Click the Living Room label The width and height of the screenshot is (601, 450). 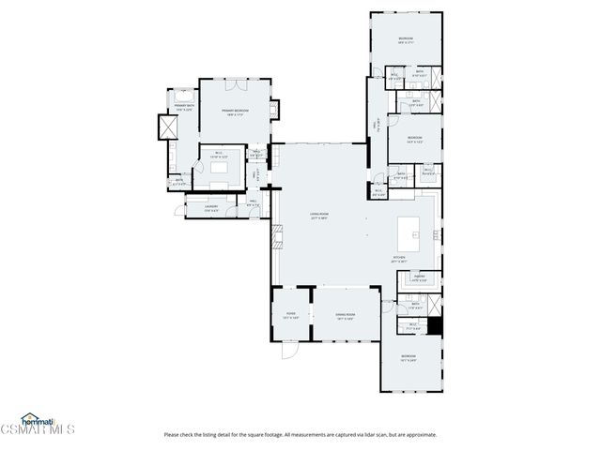click(319, 216)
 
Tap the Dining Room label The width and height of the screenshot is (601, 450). click(346, 317)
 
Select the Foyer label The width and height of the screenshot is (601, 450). click(291, 317)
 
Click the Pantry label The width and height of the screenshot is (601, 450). click(419, 277)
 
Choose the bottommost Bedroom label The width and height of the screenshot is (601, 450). click(408, 357)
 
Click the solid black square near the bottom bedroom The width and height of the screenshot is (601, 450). click(434, 325)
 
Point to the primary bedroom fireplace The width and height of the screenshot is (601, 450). click(273, 110)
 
